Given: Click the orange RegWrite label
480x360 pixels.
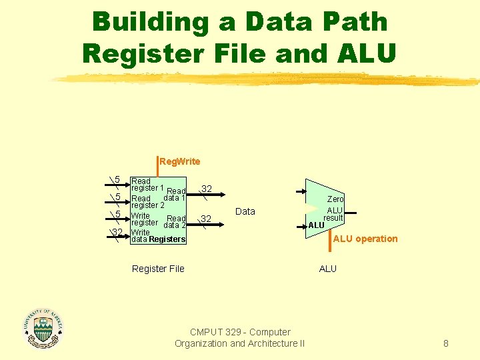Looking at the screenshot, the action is pyautogui.click(x=180, y=161).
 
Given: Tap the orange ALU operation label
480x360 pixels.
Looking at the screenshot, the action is pyautogui.click(x=365, y=239).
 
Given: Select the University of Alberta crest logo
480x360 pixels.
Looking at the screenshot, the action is pyautogui.click(x=43, y=329).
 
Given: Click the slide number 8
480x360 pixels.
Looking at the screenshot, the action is pyautogui.click(x=446, y=343).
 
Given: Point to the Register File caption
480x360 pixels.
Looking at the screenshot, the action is pyautogui.click(x=158, y=269).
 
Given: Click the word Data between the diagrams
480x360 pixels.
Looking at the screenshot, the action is pyautogui.click(x=245, y=211).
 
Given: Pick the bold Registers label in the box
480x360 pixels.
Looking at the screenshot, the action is pyautogui.click(x=167, y=239).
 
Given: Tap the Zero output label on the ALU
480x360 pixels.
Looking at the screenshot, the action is pyautogui.click(x=335, y=199).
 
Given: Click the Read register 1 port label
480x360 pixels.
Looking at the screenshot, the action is pyautogui.click(x=147, y=185).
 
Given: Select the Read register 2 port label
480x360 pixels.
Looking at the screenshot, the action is pyautogui.click(x=148, y=202).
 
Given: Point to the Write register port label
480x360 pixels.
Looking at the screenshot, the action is pyautogui.click(x=145, y=219).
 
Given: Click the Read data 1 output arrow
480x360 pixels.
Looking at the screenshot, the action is pyautogui.click(x=206, y=195).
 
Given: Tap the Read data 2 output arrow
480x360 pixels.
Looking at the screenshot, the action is pyautogui.click(x=205, y=225).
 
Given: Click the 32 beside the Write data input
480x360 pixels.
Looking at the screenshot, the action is pyautogui.click(x=117, y=232).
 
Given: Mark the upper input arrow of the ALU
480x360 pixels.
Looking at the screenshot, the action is pyautogui.click(x=301, y=191).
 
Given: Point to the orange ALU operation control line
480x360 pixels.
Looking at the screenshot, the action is pyautogui.click(x=330, y=241).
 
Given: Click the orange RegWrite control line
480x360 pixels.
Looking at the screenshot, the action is pyautogui.click(x=157, y=167).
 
